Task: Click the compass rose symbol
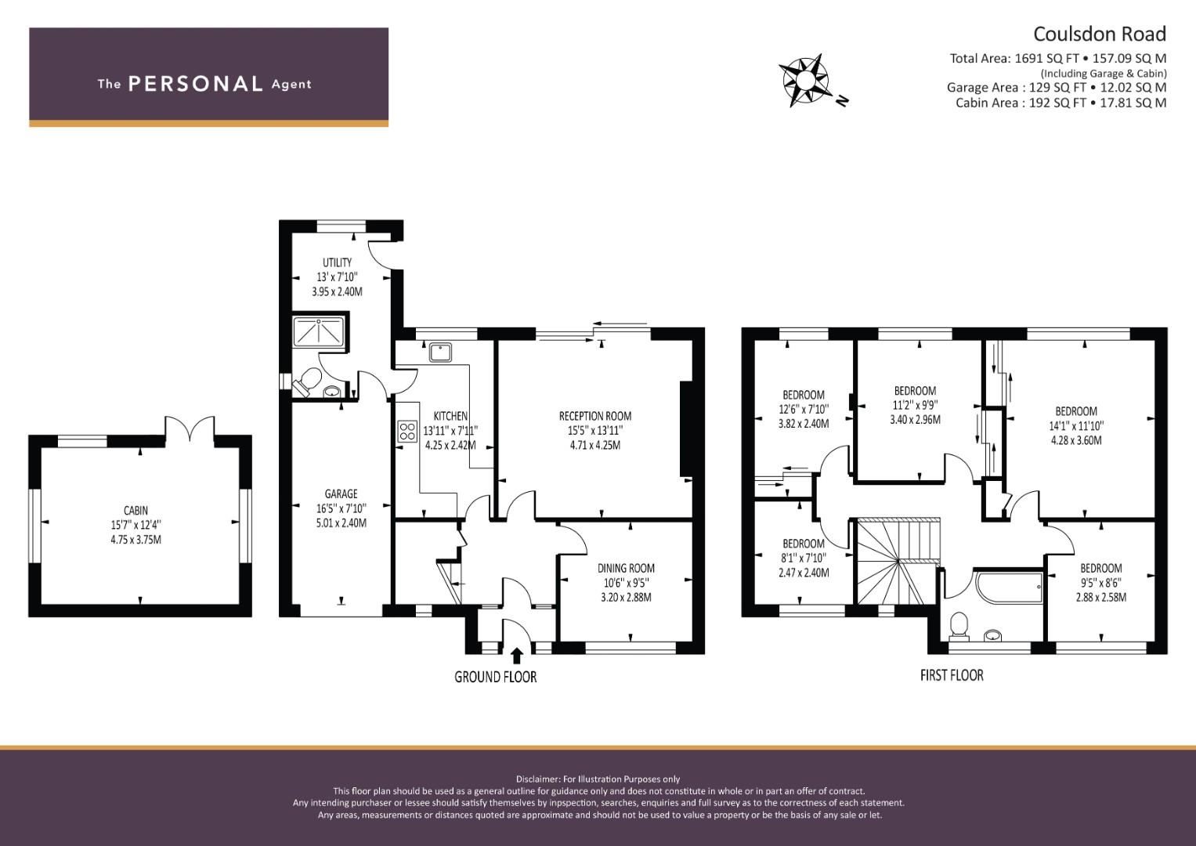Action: (805, 79)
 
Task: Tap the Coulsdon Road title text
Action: (1099, 34)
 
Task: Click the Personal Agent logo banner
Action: (208, 77)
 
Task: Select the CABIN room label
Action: (135, 511)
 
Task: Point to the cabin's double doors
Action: (189, 429)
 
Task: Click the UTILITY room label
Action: (337, 262)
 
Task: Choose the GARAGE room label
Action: (341, 493)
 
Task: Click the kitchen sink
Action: (439, 352)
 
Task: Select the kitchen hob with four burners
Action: (407, 431)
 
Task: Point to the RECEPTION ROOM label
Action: (594, 416)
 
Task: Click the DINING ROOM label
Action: (626, 568)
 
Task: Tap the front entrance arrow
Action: (516, 655)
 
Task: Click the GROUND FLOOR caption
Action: (495, 677)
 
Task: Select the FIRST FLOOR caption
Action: (951, 674)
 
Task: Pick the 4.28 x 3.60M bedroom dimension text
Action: (1075, 440)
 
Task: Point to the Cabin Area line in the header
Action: (1061, 103)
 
